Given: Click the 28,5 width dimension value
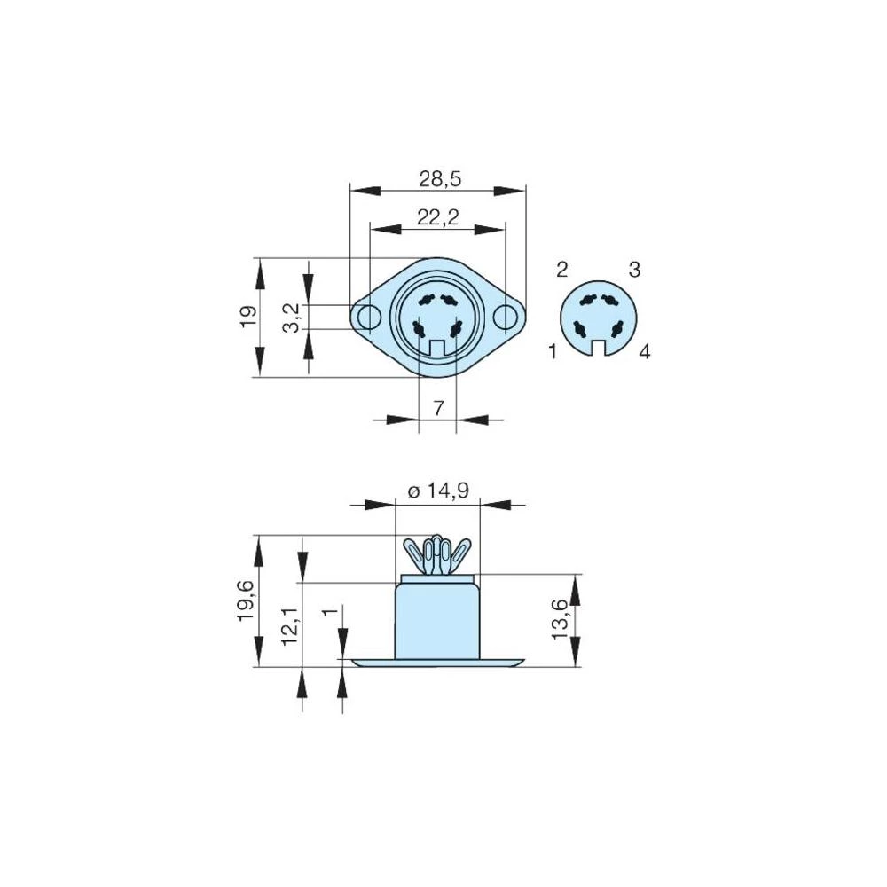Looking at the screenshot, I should [x=440, y=179].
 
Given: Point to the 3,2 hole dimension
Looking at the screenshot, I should [x=290, y=316].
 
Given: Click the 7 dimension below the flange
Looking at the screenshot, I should [x=437, y=408].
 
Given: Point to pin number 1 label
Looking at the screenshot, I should [x=553, y=352].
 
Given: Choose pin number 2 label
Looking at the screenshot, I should [x=561, y=270].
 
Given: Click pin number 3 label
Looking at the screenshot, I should [x=635, y=270].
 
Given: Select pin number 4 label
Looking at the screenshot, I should [x=645, y=352].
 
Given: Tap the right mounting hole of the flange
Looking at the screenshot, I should [x=506, y=317].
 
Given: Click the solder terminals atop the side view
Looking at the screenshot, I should [x=436, y=555].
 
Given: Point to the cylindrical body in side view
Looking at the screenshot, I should [x=436, y=621].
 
